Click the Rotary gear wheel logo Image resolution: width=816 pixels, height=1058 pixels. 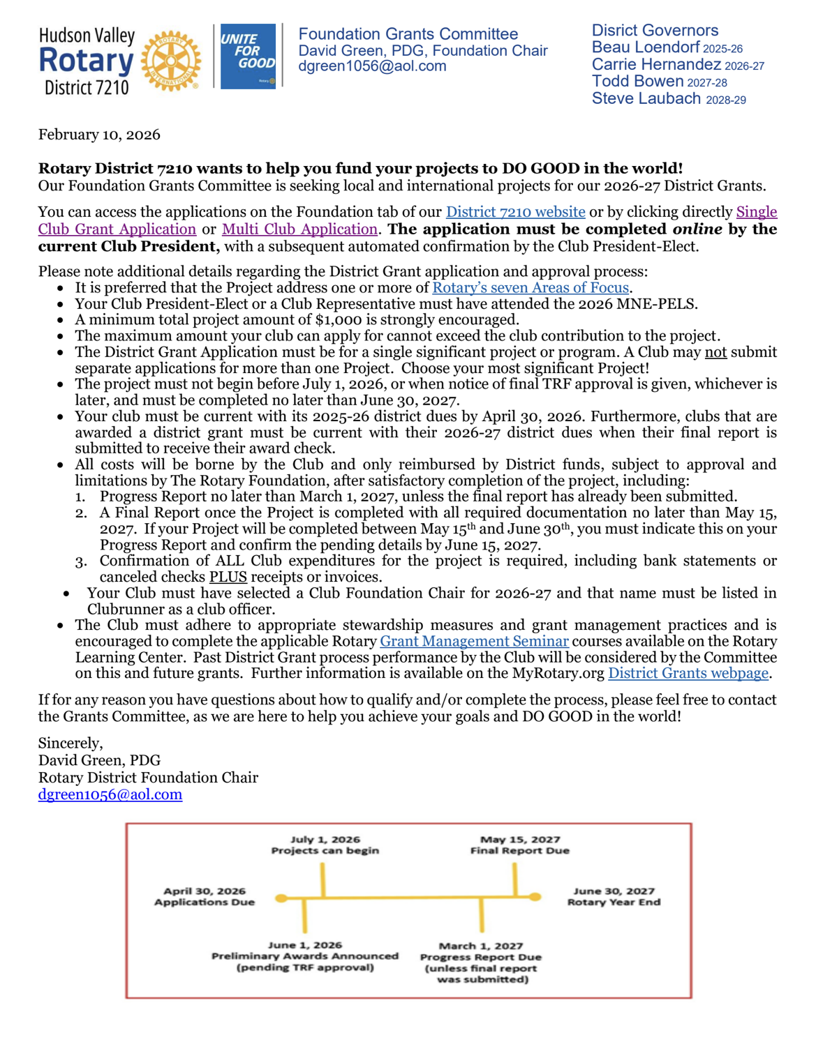tap(170, 61)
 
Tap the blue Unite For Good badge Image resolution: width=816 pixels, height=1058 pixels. tap(248, 56)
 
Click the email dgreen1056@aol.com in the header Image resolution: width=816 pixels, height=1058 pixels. tap(371, 66)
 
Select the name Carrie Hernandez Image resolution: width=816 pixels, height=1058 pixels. tap(655, 65)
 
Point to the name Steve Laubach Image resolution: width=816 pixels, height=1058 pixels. tap(646, 99)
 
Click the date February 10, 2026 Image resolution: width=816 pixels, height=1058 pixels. tap(99, 135)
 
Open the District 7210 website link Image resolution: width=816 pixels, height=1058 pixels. tap(515, 212)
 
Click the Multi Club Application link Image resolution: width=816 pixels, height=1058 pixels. tap(299, 229)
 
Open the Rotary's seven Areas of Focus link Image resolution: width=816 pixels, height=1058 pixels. tap(531, 287)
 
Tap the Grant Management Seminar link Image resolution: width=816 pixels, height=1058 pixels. tap(474, 641)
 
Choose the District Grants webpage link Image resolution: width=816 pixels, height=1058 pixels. tap(688, 673)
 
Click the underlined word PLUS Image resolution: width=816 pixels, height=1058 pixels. tap(228, 577)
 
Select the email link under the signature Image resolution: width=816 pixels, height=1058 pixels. tap(110, 794)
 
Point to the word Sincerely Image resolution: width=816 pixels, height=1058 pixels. tap(71, 743)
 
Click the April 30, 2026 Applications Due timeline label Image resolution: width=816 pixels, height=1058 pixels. tap(205, 896)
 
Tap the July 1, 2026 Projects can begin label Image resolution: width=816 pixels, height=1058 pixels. tap(325, 845)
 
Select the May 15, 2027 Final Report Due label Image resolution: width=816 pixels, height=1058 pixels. tap(520, 845)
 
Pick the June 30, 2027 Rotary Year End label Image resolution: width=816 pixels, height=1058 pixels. tap(614, 896)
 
